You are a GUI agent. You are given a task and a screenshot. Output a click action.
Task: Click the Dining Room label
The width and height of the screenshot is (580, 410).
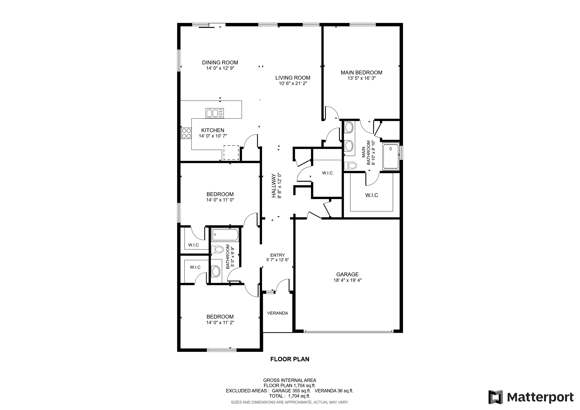220,62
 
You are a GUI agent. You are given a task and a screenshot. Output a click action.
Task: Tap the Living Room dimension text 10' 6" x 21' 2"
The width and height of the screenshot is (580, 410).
293,83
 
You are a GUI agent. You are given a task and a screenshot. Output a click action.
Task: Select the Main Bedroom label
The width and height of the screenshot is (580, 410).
361,73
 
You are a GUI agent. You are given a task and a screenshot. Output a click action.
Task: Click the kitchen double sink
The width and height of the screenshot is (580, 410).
214,113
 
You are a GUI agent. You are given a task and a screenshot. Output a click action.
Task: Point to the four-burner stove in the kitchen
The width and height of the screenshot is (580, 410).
186,133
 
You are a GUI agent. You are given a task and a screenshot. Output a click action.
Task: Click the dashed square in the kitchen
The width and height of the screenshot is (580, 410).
231,152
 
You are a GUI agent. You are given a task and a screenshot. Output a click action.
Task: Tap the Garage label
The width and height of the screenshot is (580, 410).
347,274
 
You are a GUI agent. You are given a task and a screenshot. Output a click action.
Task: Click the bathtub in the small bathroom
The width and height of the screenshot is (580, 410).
225,235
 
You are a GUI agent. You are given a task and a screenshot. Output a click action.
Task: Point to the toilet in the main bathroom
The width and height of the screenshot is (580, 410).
351,166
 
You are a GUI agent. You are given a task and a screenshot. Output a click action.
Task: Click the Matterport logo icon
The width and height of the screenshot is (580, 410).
495,397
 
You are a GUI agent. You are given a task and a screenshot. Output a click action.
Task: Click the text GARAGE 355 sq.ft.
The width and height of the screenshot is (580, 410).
291,391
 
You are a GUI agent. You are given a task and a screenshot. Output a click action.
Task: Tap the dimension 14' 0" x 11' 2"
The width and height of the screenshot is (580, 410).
220,323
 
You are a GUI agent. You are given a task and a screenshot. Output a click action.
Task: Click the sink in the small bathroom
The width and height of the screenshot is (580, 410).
216,271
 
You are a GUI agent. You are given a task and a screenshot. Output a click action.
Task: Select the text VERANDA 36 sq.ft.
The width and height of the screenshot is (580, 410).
334,391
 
